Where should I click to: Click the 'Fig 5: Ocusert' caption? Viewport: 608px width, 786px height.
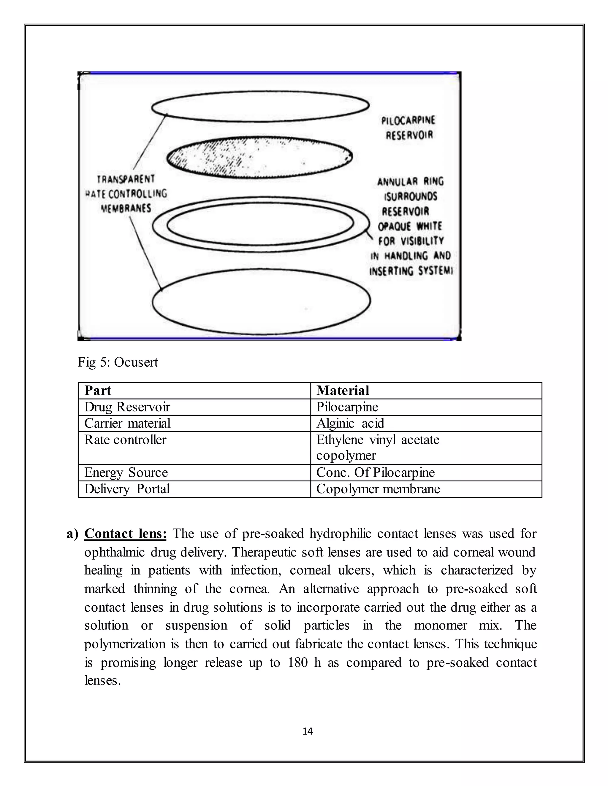point(118,362)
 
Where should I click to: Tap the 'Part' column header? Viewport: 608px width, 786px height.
point(98,391)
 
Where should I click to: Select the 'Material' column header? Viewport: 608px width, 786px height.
point(343,391)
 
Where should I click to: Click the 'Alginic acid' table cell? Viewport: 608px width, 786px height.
point(350,423)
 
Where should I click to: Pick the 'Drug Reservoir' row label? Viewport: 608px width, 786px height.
point(127,407)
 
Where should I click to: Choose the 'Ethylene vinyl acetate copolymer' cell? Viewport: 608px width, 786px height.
point(378,447)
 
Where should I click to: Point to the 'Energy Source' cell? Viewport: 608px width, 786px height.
point(126,472)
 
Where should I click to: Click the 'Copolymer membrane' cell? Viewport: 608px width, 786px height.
point(378,489)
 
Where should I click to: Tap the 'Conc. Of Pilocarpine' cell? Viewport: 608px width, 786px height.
point(375,472)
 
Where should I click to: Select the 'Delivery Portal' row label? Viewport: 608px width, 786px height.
point(127,489)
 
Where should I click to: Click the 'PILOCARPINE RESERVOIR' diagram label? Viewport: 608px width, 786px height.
point(409,128)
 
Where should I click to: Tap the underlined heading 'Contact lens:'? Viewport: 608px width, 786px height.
point(125,533)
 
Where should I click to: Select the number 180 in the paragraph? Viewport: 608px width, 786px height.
point(297,663)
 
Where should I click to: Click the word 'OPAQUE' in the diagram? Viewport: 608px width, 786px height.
point(394,226)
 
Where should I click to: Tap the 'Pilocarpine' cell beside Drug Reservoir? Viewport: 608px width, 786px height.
point(347,407)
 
